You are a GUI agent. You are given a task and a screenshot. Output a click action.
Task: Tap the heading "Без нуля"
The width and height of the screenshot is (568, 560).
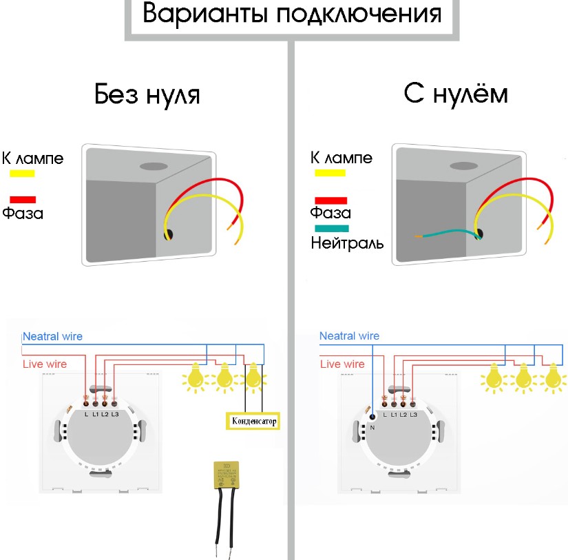(x=147, y=94)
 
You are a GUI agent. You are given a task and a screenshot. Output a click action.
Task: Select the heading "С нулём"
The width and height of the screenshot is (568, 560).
(x=456, y=94)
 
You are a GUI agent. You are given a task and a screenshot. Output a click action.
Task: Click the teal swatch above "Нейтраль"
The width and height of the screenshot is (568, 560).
(x=332, y=229)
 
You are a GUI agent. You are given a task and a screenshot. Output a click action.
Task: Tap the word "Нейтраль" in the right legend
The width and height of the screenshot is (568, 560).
(x=347, y=242)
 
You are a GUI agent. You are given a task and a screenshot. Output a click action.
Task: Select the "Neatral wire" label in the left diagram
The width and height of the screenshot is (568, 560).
(x=52, y=337)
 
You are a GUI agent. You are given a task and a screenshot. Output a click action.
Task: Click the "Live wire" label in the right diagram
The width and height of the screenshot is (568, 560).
(x=342, y=364)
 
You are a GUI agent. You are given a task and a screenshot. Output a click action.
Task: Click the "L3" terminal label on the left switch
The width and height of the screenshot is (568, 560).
(x=114, y=414)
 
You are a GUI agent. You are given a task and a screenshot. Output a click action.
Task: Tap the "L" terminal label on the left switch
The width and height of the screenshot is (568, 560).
(x=85, y=414)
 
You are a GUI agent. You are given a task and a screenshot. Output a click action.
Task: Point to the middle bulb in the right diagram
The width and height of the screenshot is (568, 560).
(x=523, y=377)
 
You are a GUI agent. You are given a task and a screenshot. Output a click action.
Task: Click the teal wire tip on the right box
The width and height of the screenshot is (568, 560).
(x=418, y=238)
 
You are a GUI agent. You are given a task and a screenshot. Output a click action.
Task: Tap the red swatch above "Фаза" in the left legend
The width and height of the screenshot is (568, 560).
(x=23, y=199)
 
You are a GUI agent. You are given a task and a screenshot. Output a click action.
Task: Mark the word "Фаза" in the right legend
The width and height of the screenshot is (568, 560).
(x=330, y=213)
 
